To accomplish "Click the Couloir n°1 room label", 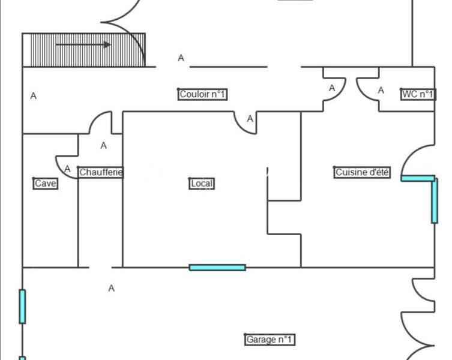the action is (203, 94).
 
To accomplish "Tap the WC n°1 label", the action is (418, 94).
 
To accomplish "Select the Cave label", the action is (46, 184).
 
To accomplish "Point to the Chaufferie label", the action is (101, 172).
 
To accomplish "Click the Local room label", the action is (202, 184).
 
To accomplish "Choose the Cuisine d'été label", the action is (362, 172).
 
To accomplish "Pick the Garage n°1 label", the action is (270, 340).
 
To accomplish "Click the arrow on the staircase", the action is (83, 44).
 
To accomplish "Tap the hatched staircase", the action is (84, 50).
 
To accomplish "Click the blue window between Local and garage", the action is (217, 268).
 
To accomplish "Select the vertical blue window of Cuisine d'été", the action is (435, 200).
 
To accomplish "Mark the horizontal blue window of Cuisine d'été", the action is (418, 178).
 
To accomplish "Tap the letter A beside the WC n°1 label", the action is (381, 91).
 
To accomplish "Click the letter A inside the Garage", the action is (111, 288).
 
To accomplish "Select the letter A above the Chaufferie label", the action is (103, 146).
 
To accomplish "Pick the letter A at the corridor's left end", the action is (34, 95).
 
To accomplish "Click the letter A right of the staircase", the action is (181, 58).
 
